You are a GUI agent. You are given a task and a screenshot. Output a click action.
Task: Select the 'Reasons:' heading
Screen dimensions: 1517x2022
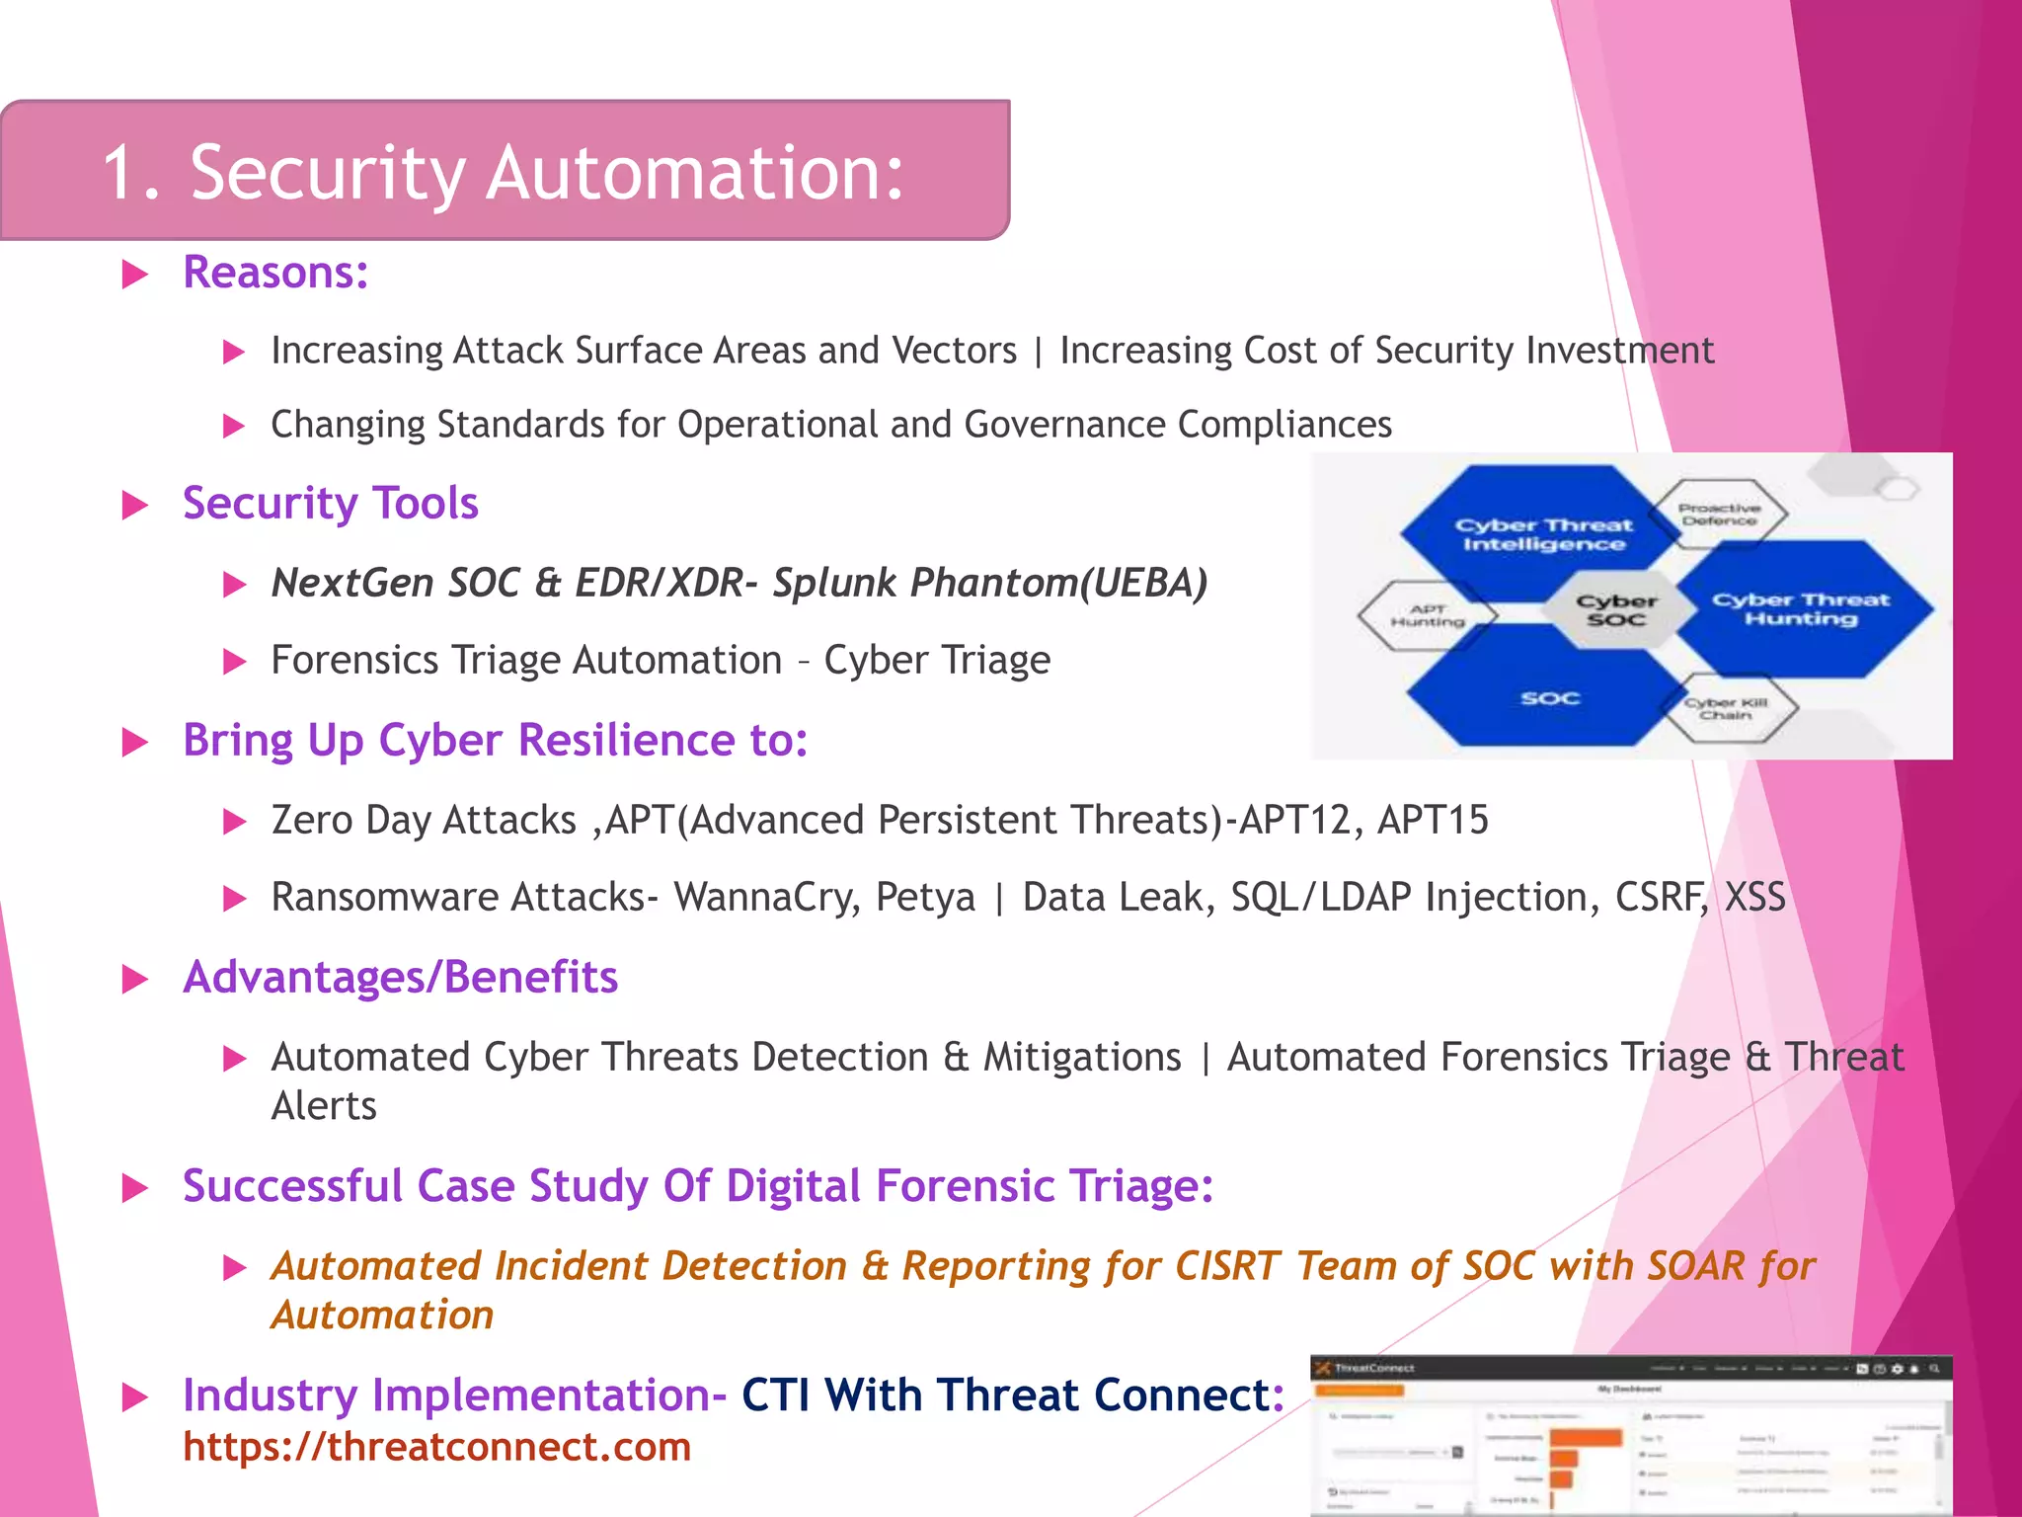(275, 273)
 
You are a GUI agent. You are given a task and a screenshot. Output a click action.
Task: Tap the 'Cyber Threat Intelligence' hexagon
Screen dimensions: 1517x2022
(1543, 534)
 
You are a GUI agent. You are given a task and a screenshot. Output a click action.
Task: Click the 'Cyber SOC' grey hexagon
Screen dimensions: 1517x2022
(1616, 609)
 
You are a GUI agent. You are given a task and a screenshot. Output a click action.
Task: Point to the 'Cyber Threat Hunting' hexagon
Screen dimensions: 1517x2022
(1800, 608)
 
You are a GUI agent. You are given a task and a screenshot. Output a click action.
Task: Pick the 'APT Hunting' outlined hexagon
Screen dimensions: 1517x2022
(1427, 615)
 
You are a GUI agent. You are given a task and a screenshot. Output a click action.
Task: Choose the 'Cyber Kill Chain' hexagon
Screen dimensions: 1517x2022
(1726, 708)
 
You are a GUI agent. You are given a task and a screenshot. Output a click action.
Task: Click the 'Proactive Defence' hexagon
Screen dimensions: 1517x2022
(1719, 514)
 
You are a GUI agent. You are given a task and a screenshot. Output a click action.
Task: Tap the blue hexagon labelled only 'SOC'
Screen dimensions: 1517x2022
(1549, 698)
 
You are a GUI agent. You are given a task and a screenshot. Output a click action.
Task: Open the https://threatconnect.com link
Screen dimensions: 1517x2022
(436, 1447)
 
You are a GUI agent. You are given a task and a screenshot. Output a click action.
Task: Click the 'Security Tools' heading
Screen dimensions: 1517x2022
(330, 504)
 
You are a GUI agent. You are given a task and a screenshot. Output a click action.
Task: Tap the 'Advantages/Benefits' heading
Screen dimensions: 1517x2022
(400, 977)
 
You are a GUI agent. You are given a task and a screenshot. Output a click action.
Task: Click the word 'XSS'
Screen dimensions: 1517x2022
(1754, 897)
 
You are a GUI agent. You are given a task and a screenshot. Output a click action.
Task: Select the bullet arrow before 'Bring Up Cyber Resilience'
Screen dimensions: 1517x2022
(134, 742)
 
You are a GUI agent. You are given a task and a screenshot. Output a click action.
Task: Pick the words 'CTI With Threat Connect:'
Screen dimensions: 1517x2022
(1012, 1395)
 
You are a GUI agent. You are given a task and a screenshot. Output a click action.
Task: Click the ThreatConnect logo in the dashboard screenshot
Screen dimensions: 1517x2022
(1324, 1368)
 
